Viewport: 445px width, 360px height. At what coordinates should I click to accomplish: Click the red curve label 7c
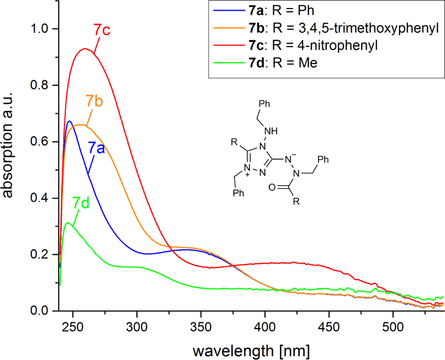point(103,30)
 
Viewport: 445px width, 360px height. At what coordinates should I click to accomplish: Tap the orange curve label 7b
point(94,101)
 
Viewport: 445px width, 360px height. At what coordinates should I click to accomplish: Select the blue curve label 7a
point(96,148)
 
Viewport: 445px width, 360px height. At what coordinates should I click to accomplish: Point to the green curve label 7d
point(81,203)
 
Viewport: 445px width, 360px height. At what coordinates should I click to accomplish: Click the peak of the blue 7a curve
point(69,121)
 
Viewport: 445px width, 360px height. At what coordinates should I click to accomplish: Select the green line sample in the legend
point(227,63)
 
